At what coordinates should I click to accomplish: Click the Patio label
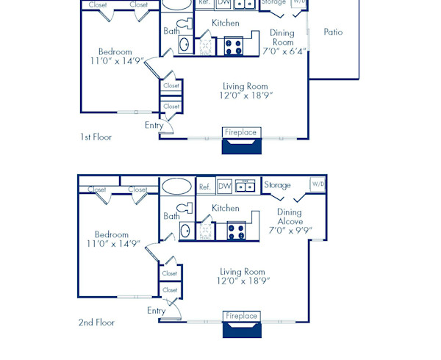click(333, 32)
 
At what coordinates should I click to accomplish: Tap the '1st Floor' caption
click(96, 137)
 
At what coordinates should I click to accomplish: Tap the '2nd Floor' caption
click(96, 322)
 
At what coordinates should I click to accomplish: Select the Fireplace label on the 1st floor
click(241, 132)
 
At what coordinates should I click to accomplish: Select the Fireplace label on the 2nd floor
click(241, 316)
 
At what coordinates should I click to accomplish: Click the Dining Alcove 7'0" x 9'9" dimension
click(289, 230)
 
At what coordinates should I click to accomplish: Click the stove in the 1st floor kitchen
click(233, 46)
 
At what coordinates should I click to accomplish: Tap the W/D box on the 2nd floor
click(318, 184)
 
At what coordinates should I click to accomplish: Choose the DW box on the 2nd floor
click(224, 186)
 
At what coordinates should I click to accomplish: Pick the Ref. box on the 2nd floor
click(205, 186)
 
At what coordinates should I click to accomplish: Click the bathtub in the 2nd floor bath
click(176, 186)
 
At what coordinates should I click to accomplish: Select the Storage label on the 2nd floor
click(277, 185)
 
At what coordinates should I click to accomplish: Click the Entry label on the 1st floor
click(154, 125)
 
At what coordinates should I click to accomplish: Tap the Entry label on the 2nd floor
click(156, 310)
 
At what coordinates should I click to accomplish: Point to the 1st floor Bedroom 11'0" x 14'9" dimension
click(115, 62)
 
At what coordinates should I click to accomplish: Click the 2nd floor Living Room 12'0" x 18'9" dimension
click(243, 281)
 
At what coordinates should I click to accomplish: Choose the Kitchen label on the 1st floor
click(225, 23)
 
